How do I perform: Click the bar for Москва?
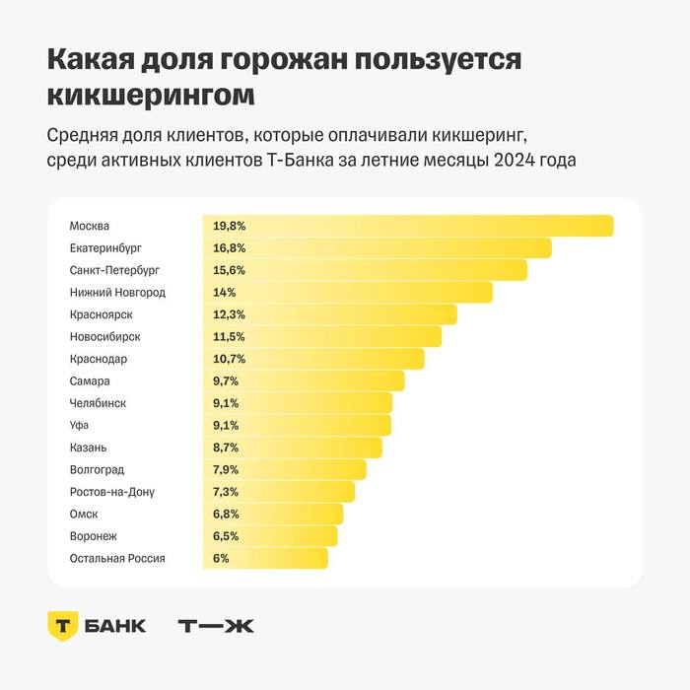click(x=408, y=226)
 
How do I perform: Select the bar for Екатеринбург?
click(x=377, y=248)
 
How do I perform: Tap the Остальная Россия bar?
click(x=265, y=558)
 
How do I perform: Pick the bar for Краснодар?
click(x=313, y=359)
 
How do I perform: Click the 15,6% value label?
click(x=229, y=270)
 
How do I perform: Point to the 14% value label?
click(x=224, y=293)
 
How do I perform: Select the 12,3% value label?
click(x=229, y=314)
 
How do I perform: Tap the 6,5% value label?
click(x=226, y=536)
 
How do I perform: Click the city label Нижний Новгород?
click(x=117, y=293)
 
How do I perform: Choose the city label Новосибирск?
click(x=104, y=337)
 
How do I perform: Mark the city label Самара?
click(x=90, y=381)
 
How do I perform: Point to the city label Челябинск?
click(x=98, y=403)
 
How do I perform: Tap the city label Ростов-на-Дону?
click(x=111, y=492)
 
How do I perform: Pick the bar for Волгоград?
click(x=284, y=469)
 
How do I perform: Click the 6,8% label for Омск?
click(x=226, y=514)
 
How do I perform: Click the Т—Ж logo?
click(x=215, y=626)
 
